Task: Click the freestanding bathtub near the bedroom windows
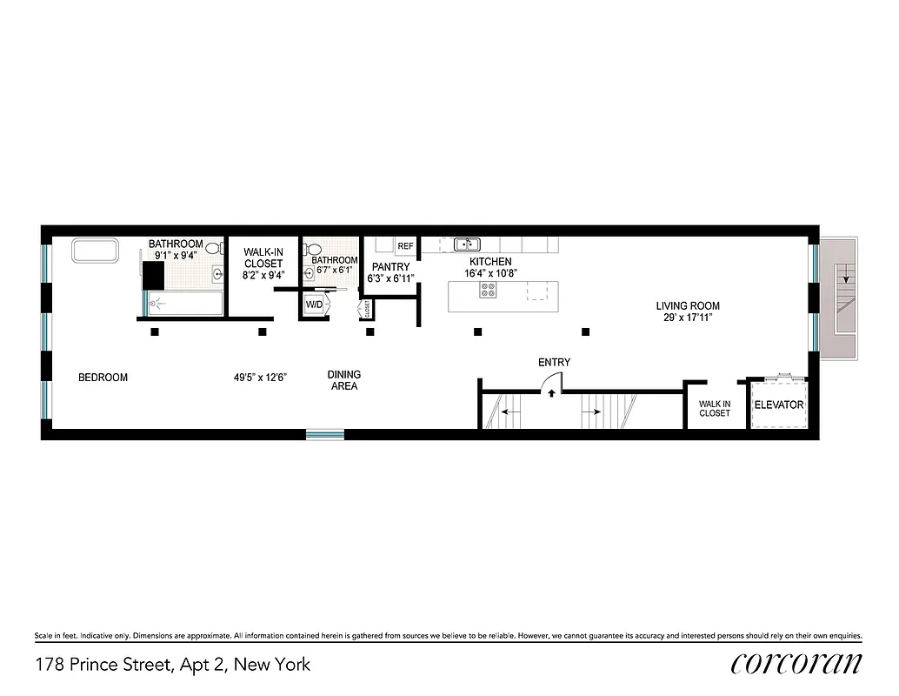pyautogui.click(x=95, y=251)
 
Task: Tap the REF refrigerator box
pyautogui.click(x=406, y=245)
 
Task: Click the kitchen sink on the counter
pyautogui.click(x=467, y=244)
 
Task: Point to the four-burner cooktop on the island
pyautogui.click(x=488, y=291)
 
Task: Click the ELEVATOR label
pyautogui.click(x=778, y=405)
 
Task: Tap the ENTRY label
pyautogui.click(x=554, y=362)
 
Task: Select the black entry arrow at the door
pyautogui.click(x=551, y=393)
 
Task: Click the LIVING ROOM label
pyautogui.click(x=688, y=306)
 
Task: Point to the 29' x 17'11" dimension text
pyautogui.click(x=688, y=318)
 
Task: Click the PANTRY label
pyautogui.click(x=391, y=266)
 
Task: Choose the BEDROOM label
pyautogui.click(x=103, y=378)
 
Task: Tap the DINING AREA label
pyautogui.click(x=344, y=380)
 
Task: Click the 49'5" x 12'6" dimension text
pyautogui.click(x=260, y=378)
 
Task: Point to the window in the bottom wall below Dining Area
pyautogui.click(x=324, y=434)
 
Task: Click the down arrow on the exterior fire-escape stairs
pyautogui.click(x=842, y=278)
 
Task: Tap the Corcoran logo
pyautogui.click(x=796, y=664)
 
